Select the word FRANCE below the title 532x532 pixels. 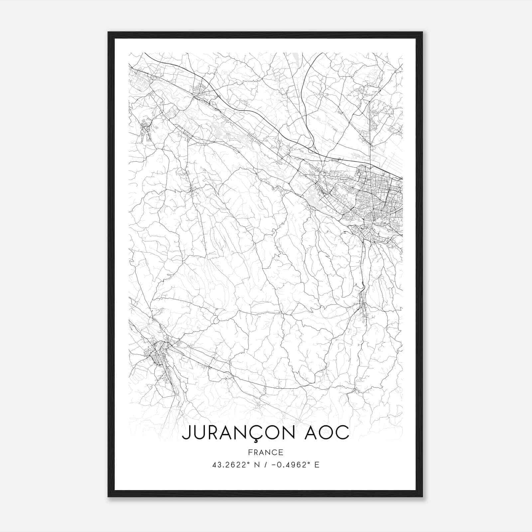[x=266, y=452]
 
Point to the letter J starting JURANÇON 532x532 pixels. [x=186, y=432]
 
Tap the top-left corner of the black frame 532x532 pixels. [x=108, y=33]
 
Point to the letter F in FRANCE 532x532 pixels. [x=250, y=452]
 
